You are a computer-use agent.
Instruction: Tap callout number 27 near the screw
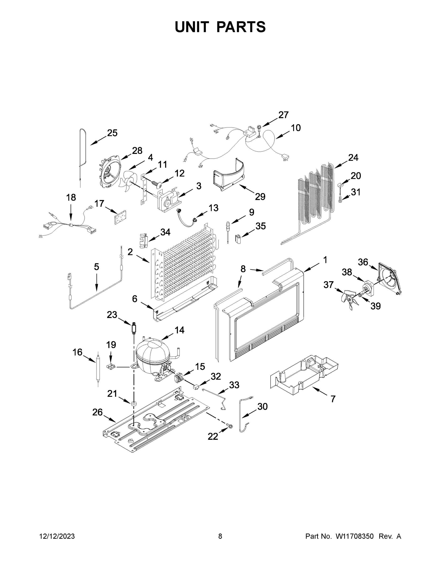tap(283, 115)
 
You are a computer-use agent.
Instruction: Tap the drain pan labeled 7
tap(305, 376)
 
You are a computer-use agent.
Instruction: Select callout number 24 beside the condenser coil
tap(353, 158)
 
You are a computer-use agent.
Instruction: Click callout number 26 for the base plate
tap(97, 412)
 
